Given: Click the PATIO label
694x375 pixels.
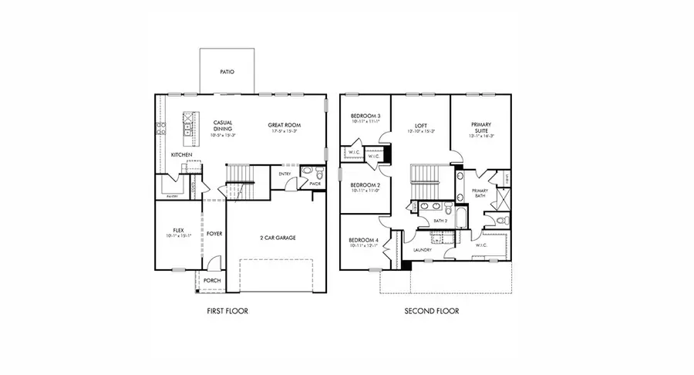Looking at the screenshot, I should pyautogui.click(x=227, y=72).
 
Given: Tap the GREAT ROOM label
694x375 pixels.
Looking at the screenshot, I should pyautogui.click(x=284, y=125).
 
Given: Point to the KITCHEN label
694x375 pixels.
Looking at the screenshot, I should pyautogui.click(x=181, y=155).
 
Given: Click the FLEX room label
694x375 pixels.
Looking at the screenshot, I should pyautogui.click(x=177, y=230).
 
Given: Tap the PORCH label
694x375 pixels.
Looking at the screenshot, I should pyautogui.click(x=211, y=281).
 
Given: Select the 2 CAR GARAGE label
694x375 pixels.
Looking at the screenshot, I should pyautogui.click(x=278, y=238).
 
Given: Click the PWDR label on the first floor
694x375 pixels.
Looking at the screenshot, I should pyautogui.click(x=315, y=184).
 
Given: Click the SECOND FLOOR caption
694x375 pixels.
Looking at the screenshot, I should pyautogui.click(x=432, y=312).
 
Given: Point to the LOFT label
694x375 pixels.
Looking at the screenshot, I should pyautogui.click(x=420, y=125).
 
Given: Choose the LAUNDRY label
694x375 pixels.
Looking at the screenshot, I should pyautogui.click(x=422, y=250).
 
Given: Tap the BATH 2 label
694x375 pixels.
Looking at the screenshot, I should pyautogui.click(x=440, y=221).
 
